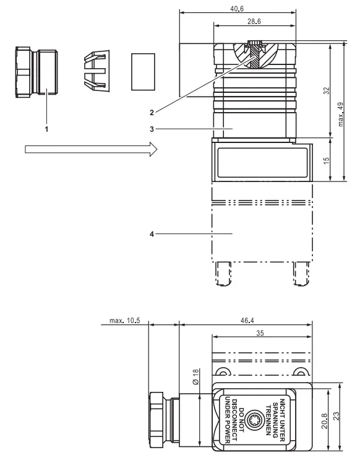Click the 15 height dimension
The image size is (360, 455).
325,160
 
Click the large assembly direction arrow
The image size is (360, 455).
90,150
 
